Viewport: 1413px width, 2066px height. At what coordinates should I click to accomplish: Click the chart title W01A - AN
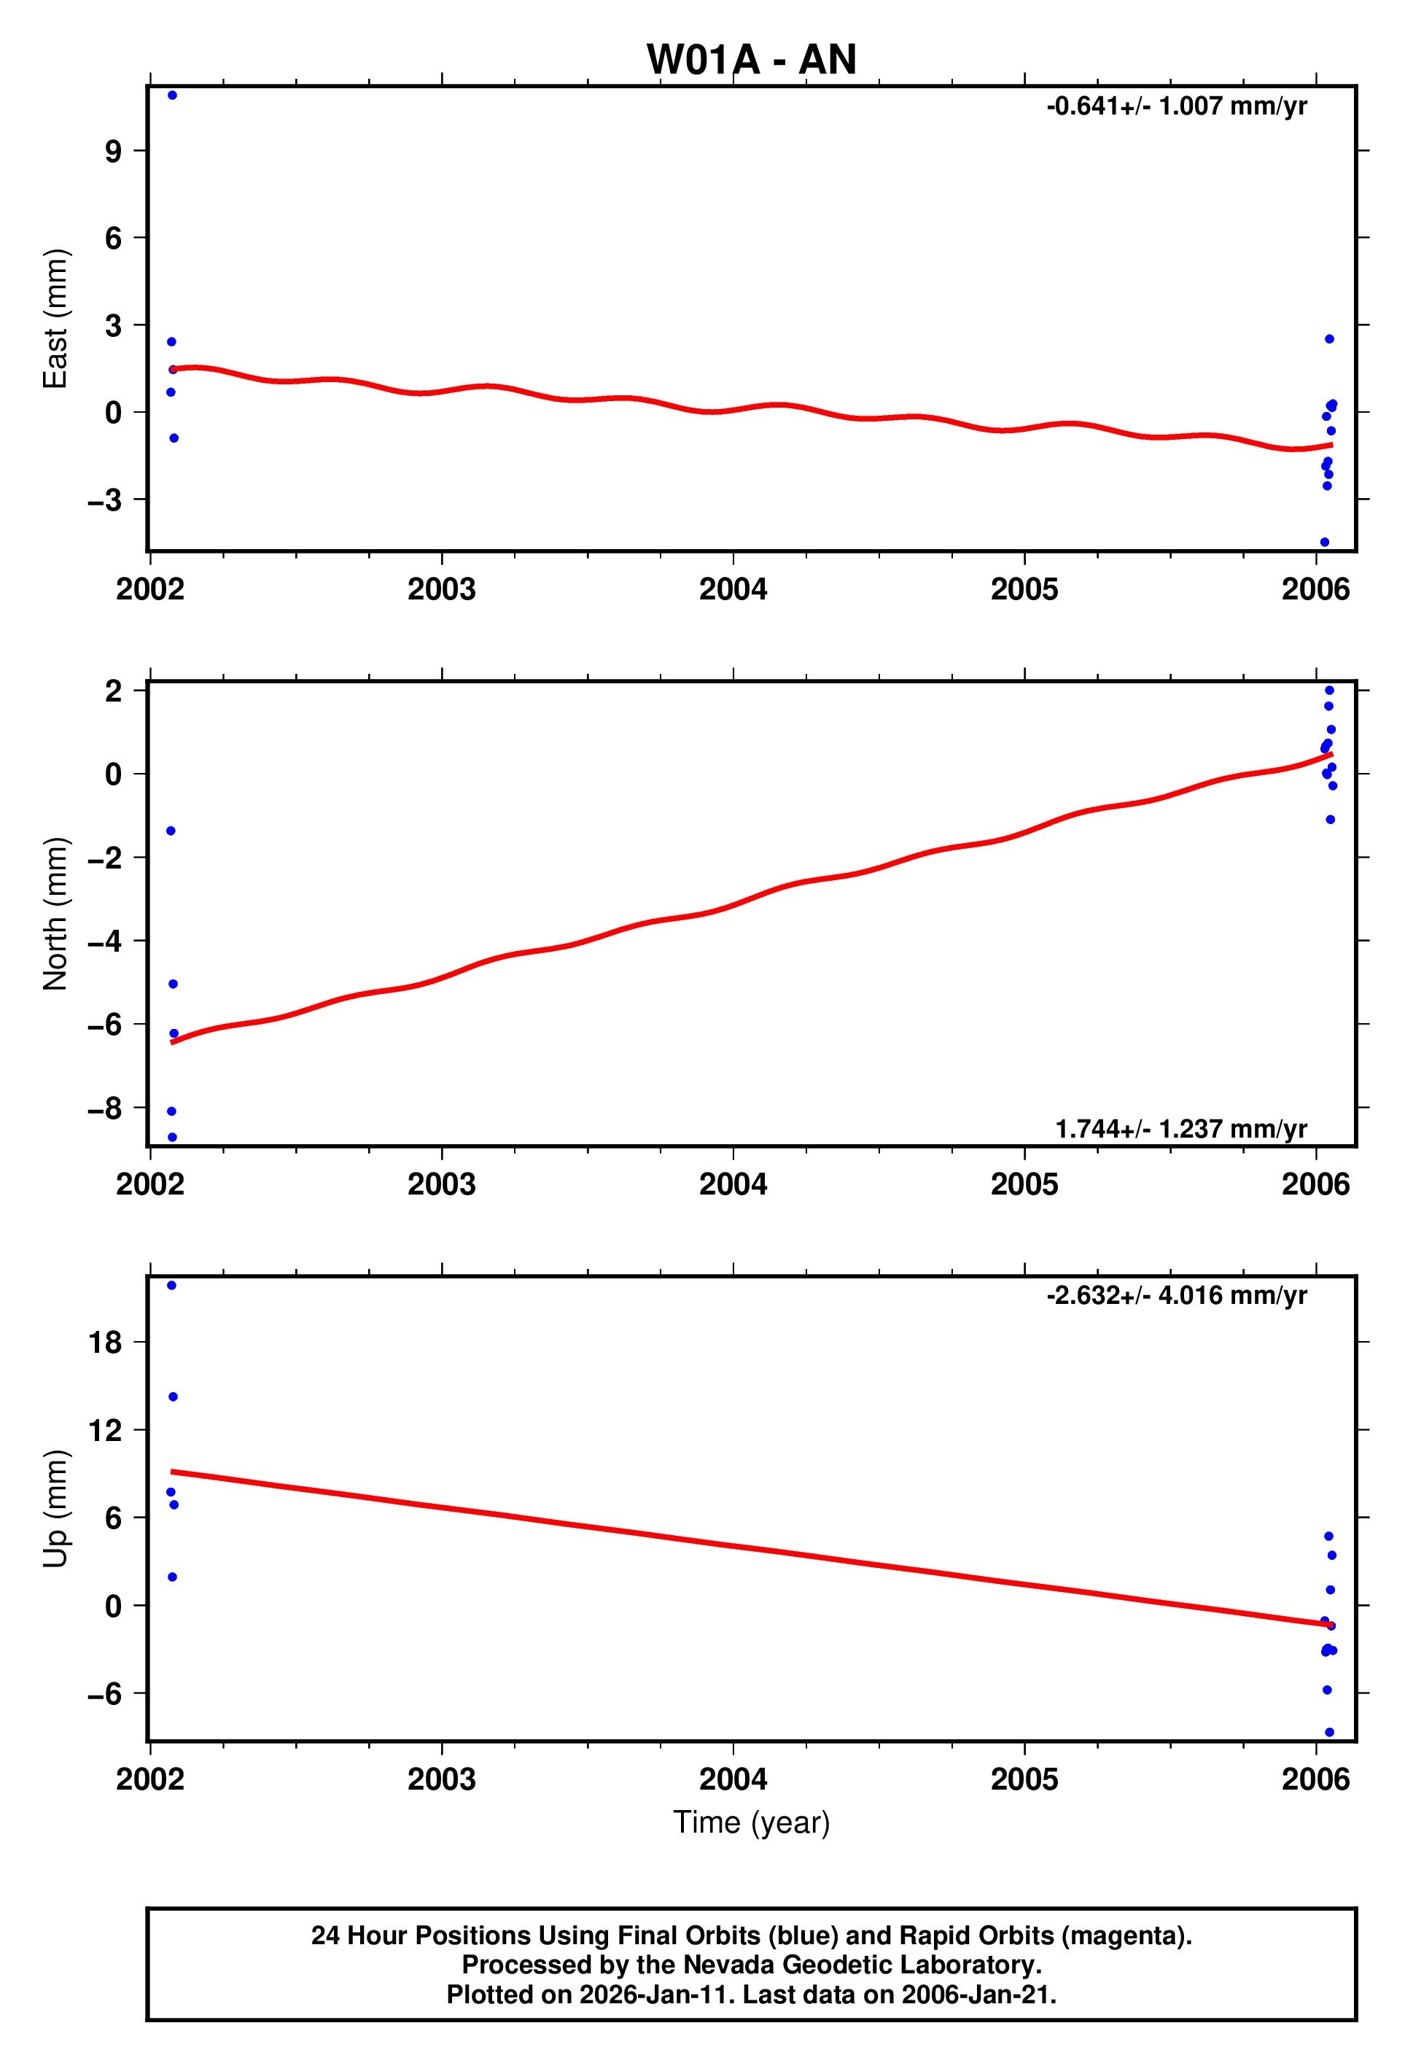(x=751, y=61)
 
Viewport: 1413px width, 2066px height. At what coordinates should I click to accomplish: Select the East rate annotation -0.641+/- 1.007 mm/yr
(x=1176, y=106)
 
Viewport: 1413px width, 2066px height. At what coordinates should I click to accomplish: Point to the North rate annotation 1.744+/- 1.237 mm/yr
(x=1180, y=1129)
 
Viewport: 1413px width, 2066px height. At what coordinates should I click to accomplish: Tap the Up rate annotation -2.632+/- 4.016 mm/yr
(x=1176, y=1295)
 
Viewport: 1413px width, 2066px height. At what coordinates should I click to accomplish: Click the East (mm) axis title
(x=55, y=318)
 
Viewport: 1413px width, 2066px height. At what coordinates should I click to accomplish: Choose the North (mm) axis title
(x=55, y=914)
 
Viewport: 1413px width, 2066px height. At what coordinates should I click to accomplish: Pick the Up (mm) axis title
(x=55, y=1509)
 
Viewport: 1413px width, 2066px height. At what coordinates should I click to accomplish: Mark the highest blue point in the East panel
(x=172, y=95)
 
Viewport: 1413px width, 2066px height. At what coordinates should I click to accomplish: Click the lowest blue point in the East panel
(x=1324, y=543)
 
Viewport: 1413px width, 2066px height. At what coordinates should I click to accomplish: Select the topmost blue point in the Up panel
(x=171, y=1286)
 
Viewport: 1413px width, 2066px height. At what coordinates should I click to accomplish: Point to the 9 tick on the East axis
(x=113, y=151)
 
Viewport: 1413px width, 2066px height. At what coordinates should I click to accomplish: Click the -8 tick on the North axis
(x=105, y=1108)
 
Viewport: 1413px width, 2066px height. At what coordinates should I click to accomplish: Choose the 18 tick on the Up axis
(x=105, y=1343)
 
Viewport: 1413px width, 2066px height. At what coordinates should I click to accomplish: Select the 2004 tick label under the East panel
(x=733, y=589)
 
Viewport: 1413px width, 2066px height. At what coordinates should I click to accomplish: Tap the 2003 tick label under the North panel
(x=442, y=1184)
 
